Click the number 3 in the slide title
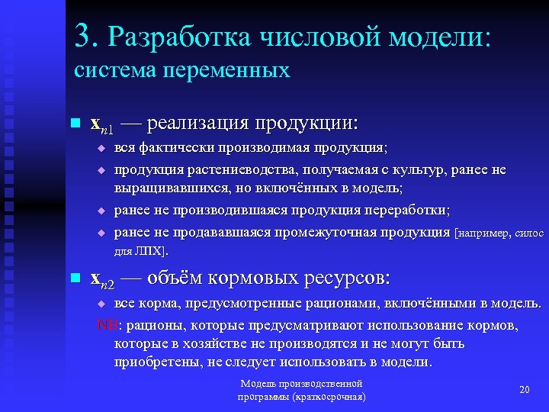[85, 35]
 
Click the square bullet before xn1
[74, 123]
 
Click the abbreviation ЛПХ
[152, 250]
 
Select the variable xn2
[102, 279]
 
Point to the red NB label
[105, 326]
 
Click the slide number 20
[524, 390]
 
